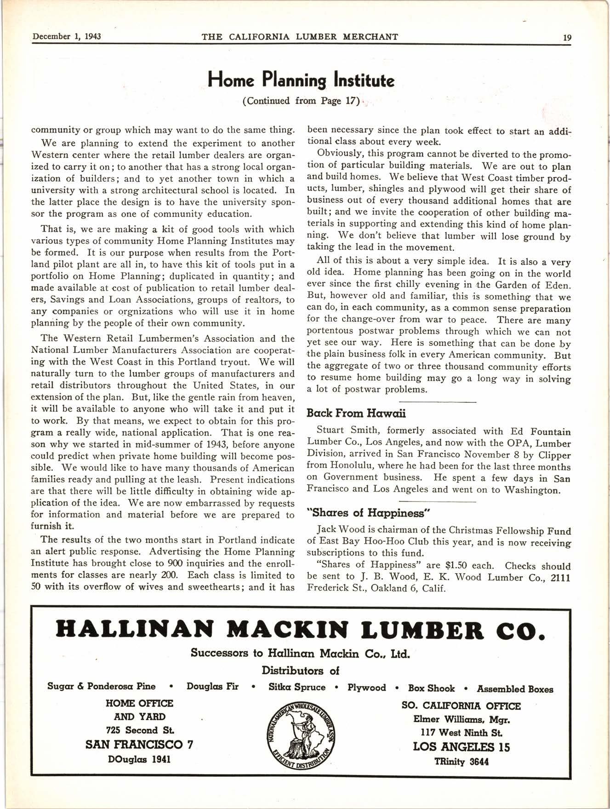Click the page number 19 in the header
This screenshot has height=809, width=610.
(x=567, y=38)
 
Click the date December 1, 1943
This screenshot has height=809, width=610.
(x=67, y=37)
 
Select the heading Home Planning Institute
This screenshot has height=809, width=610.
(x=301, y=80)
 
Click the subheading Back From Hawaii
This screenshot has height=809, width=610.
(x=356, y=413)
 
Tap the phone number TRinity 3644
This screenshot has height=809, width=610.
(x=462, y=762)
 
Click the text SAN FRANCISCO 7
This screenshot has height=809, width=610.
(x=139, y=745)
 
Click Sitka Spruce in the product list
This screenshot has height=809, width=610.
(x=297, y=687)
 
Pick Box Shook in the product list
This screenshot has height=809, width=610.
(x=431, y=688)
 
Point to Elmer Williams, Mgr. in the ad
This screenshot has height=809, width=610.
(x=462, y=719)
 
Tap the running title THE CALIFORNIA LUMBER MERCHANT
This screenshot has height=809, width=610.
(x=300, y=37)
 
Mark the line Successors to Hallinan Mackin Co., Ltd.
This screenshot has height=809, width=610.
(x=300, y=653)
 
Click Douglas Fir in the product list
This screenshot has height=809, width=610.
(x=212, y=687)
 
